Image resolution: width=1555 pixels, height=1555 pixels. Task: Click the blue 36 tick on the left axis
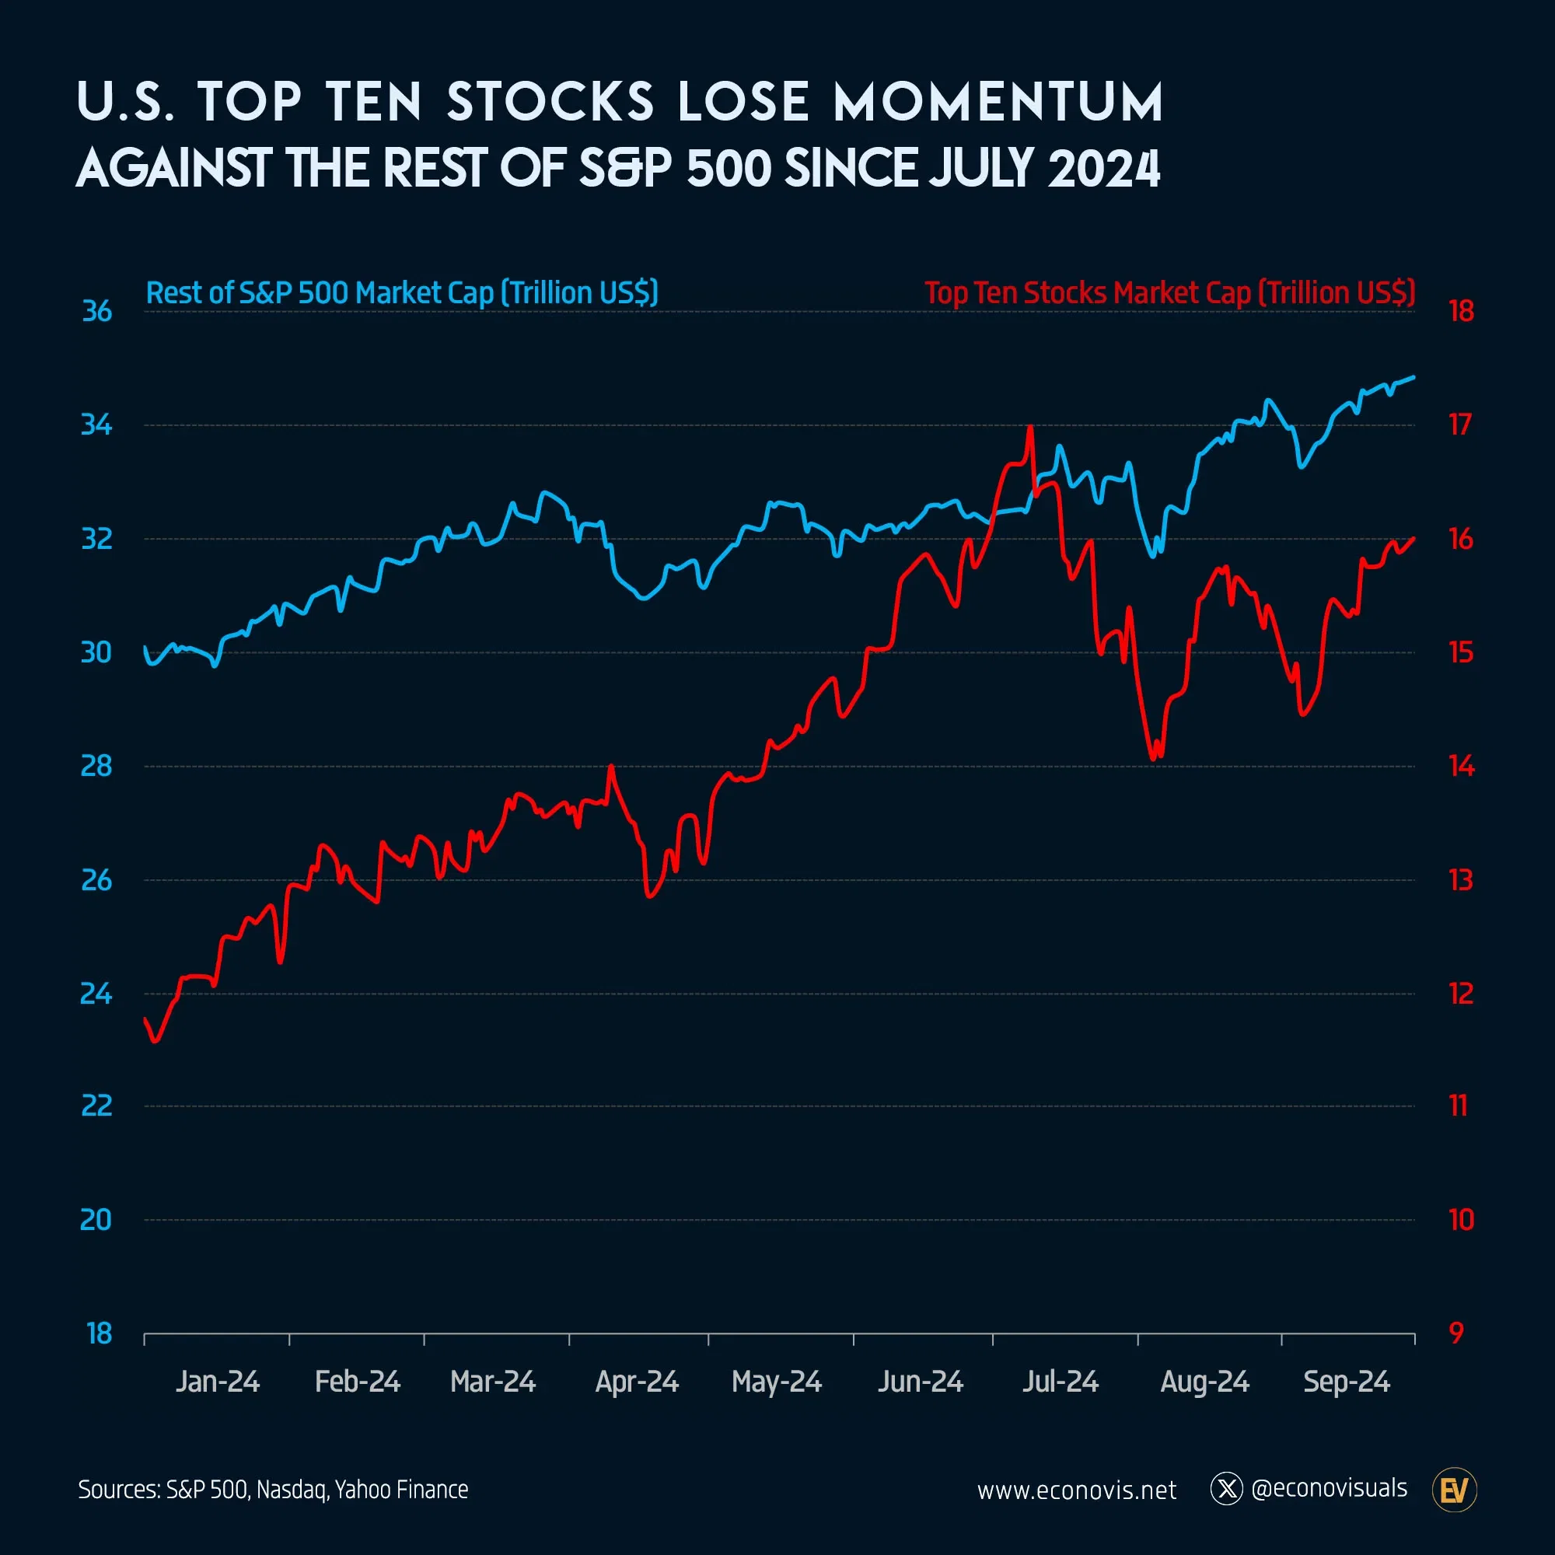click(x=96, y=312)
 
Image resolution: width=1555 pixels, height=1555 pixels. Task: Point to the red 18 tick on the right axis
click(x=1461, y=312)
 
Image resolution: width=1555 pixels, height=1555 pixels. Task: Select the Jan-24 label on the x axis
click(x=218, y=1382)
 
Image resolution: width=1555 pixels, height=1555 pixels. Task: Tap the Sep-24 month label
click(x=1346, y=1382)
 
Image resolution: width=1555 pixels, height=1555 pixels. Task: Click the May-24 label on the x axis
click(x=776, y=1382)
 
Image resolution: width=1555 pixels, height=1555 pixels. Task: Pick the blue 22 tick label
click(x=96, y=1106)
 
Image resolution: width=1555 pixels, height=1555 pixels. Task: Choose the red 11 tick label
click(x=1458, y=1106)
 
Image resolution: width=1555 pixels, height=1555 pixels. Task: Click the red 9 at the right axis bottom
click(x=1456, y=1333)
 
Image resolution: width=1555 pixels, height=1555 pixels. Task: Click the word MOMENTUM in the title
click(x=998, y=103)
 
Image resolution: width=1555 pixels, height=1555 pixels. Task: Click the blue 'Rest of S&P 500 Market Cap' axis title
click(x=402, y=293)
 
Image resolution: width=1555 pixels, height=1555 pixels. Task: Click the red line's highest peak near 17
click(x=1030, y=427)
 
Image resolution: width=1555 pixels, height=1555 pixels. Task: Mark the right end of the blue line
click(x=1414, y=376)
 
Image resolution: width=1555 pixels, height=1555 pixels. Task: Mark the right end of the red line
click(x=1414, y=539)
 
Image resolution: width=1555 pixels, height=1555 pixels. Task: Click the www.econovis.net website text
click(x=1076, y=1490)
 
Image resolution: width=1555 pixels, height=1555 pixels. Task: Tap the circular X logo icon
click(x=1227, y=1489)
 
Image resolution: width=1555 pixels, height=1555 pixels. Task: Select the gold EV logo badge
click(x=1455, y=1490)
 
